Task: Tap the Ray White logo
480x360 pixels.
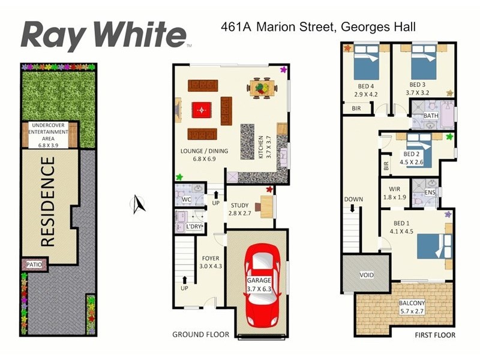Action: (x=104, y=35)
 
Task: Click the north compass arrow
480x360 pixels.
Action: (x=137, y=205)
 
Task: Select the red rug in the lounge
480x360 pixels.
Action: (x=203, y=110)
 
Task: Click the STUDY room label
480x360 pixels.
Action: (x=239, y=206)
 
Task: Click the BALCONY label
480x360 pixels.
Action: (x=412, y=304)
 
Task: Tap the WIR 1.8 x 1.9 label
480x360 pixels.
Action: (x=394, y=193)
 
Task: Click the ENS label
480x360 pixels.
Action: (x=430, y=192)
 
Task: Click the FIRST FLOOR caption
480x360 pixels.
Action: (x=434, y=335)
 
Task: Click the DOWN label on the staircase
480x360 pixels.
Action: (x=353, y=199)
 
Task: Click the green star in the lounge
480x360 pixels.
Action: (x=179, y=177)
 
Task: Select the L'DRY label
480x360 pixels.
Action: (x=194, y=227)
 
